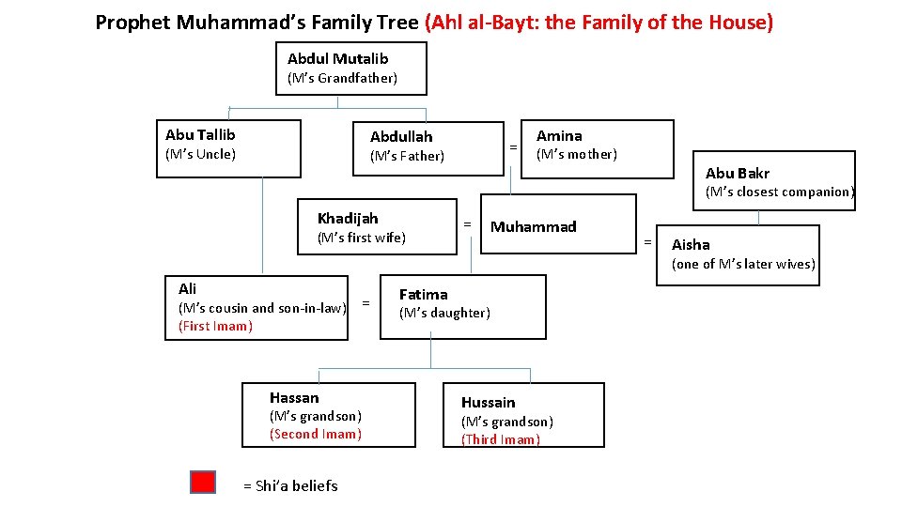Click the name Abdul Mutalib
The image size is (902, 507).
point(337,58)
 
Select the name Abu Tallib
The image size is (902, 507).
point(200,135)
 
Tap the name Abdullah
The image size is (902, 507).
point(401,137)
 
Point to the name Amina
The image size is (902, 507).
point(559,135)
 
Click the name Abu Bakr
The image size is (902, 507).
point(738,173)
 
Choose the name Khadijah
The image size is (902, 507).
point(348,218)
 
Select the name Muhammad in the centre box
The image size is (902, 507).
point(534,226)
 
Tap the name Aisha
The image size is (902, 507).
point(691,244)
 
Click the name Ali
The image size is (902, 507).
point(187,288)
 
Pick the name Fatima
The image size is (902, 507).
point(423,294)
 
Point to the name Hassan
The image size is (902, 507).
point(294,397)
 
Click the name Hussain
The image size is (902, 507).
point(488,402)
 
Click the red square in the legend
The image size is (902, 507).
point(203,483)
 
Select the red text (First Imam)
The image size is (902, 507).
point(215,326)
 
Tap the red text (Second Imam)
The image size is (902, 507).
point(315,434)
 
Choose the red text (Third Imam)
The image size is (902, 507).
point(500,439)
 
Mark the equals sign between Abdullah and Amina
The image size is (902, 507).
point(512,147)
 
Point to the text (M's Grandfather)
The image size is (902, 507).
point(342,78)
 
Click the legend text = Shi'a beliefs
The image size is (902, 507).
point(290,485)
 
